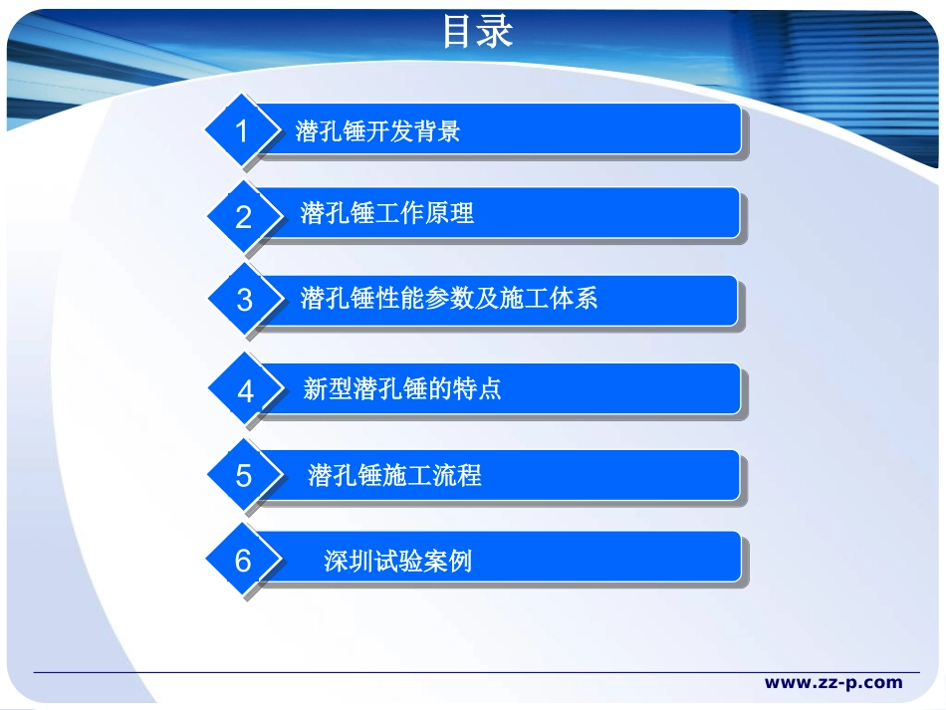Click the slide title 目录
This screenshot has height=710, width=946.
click(477, 32)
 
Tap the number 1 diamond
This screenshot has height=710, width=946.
click(240, 130)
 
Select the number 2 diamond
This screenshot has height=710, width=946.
click(243, 216)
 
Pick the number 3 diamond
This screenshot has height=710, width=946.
click(244, 300)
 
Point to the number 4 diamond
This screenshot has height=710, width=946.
click(245, 390)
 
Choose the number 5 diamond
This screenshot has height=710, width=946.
click(244, 476)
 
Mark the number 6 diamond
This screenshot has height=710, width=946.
click(243, 562)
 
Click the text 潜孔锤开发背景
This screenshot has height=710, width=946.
click(377, 131)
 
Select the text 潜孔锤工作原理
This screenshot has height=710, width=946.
click(386, 213)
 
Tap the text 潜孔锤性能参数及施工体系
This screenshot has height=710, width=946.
click(448, 299)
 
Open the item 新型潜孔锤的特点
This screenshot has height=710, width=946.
click(401, 389)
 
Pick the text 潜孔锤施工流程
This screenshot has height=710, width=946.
click(394, 475)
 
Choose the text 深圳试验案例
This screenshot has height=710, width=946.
click(397, 562)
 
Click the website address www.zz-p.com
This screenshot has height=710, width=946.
click(832, 683)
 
